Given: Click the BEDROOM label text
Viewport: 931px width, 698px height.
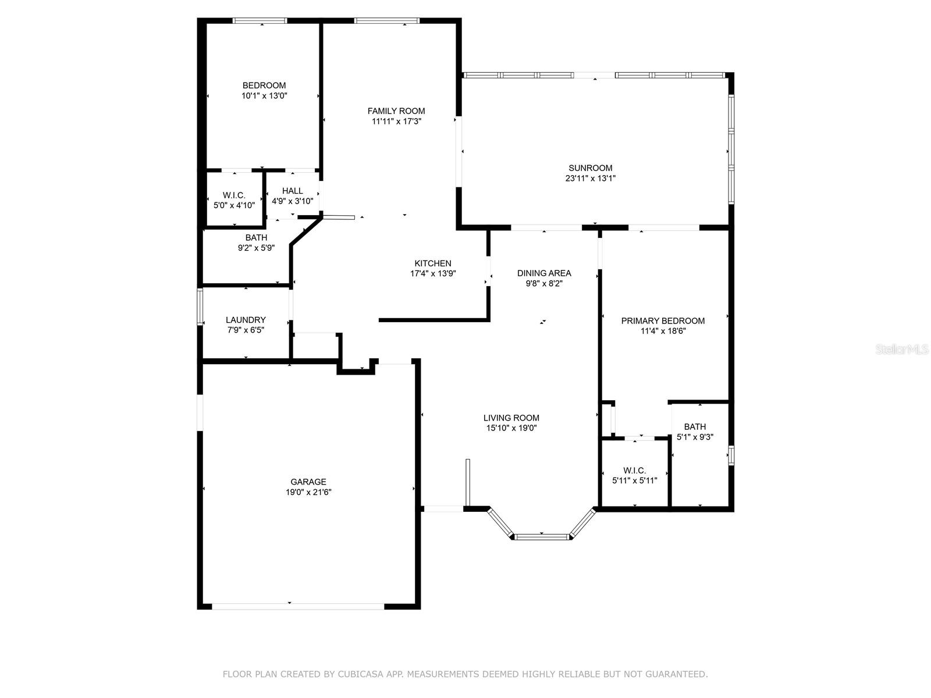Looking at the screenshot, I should click(x=264, y=86).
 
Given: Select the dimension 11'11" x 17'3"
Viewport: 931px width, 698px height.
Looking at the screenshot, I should click(x=396, y=122).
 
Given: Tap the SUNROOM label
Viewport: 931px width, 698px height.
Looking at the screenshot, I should click(x=590, y=168).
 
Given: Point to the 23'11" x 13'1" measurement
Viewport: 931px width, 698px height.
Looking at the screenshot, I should click(x=590, y=179).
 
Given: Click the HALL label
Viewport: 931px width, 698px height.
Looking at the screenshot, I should click(x=293, y=191).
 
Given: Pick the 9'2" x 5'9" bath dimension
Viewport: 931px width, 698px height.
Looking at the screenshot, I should click(x=256, y=248).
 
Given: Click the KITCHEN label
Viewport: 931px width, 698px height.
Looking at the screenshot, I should click(x=432, y=263).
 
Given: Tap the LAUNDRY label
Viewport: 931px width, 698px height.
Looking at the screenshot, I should click(x=246, y=320).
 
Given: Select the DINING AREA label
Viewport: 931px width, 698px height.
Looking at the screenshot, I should click(x=544, y=273).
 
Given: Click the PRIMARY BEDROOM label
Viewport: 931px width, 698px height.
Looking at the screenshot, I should click(x=663, y=320).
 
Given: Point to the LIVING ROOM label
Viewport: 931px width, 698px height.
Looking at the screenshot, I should click(x=511, y=418).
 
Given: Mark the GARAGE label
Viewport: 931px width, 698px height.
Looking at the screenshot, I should click(x=308, y=482).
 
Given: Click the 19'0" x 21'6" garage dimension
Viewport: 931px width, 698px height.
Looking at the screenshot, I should click(x=308, y=492).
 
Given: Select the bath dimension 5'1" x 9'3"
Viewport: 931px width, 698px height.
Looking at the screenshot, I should click(x=695, y=437).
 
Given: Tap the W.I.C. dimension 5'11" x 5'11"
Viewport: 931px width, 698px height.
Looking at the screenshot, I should click(x=634, y=480).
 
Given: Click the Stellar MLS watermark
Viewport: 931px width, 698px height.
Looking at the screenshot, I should click(x=902, y=350).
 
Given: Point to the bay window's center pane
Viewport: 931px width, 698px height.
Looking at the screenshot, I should click(x=542, y=537).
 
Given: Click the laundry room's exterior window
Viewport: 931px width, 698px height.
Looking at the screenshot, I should click(x=200, y=307).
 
